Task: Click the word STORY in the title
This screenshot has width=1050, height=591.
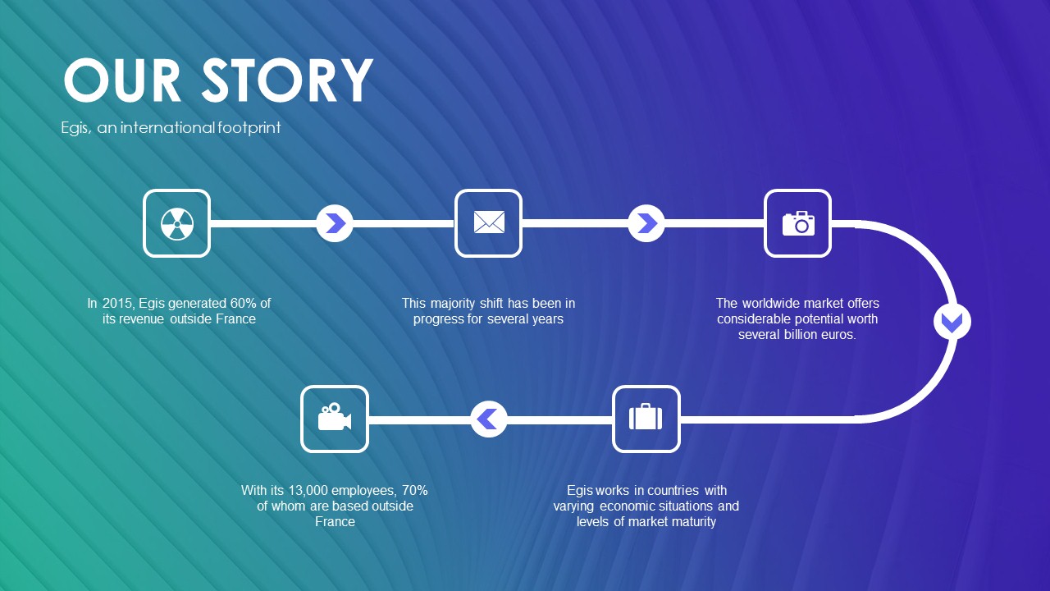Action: [x=287, y=80]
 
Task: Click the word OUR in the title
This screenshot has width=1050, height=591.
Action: [x=122, y=80]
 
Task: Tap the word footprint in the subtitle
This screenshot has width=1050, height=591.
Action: [x=249, y=127]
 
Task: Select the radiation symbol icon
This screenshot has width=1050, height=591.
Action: [x=176, y=224]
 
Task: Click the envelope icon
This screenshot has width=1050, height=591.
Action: [x=488, y=222]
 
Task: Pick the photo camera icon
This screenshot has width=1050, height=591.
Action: [x=798, y=223]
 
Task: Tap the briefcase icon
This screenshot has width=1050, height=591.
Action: [x=646, y=416]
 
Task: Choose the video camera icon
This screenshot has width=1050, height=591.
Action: [x=334, y=416]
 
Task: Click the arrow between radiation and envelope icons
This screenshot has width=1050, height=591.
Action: [x=335, y=223]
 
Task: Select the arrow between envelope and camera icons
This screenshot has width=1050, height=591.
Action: [x=646, y=223]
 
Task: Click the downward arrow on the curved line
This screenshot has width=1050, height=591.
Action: [x=952, y=323]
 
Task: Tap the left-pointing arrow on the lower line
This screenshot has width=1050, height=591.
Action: [x=488, y=419]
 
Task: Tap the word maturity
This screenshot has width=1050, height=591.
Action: [x=692, y=522]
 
